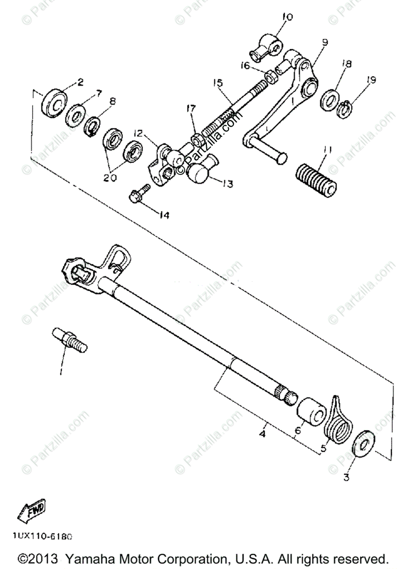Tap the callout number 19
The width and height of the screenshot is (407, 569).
(x=370, y=80)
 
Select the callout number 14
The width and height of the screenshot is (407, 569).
(x=164, y=215)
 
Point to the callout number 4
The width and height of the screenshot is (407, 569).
(x=262, y=433)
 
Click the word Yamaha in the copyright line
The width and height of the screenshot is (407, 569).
(x=87, y=558)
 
